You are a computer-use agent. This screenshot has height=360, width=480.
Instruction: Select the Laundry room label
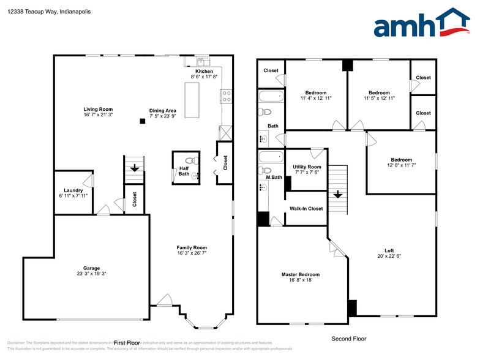click(73, 190)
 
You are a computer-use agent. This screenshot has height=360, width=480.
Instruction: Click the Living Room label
click(98, 109)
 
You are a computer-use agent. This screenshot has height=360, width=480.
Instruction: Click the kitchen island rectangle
click(192, 99)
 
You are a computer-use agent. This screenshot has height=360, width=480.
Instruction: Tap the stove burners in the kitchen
click(226, 96)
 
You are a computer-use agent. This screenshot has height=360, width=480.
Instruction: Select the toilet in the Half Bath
click(192, 161)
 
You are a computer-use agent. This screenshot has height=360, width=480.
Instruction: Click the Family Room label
click(192, 248)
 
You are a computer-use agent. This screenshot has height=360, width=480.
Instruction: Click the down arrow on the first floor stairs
click(134, 168)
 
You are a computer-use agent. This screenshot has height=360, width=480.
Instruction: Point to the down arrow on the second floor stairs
click(337, 195)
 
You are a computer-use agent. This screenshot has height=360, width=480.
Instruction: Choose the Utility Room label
click(307, 167)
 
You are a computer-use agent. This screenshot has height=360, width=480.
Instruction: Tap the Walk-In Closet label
click(306, 209)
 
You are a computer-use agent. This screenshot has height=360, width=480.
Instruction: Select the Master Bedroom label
click(300, 274)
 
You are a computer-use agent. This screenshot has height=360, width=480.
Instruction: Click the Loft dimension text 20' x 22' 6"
click(389, 256)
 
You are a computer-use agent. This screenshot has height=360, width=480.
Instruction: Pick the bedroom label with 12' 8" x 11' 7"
click(401, 160)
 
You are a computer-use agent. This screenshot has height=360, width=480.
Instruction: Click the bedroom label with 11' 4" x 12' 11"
click(316, 93)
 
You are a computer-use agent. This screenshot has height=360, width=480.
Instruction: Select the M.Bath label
click(273, 178)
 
